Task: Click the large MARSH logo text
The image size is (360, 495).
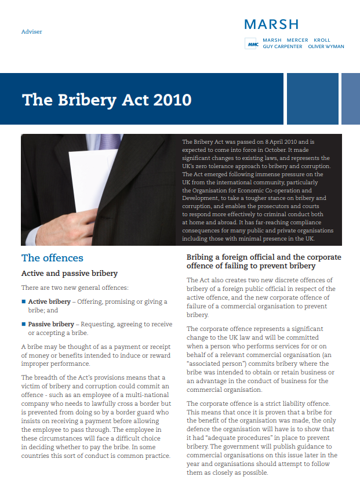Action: click(x=271, y=24)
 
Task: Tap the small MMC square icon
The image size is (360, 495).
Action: click(x=252, y=43)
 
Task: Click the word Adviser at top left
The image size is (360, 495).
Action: click(x=31, y=31)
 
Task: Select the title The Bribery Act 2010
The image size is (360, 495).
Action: click(x=107, y=100)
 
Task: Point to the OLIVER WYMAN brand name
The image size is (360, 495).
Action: click(x=326, y=46)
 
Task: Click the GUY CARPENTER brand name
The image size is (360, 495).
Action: click(x=282, y=46)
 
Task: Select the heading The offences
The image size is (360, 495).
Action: click(x=52, y=258)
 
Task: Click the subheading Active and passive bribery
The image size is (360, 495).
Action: click(x=70, y=273)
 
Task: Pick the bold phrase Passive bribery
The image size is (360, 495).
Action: click(x=52, y=324)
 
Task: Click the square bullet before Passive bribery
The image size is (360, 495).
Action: click(x=24, y=324)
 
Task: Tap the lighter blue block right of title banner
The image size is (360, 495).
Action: click(x=350, y=99)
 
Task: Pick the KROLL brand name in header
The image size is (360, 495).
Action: click(x=322, y=40)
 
